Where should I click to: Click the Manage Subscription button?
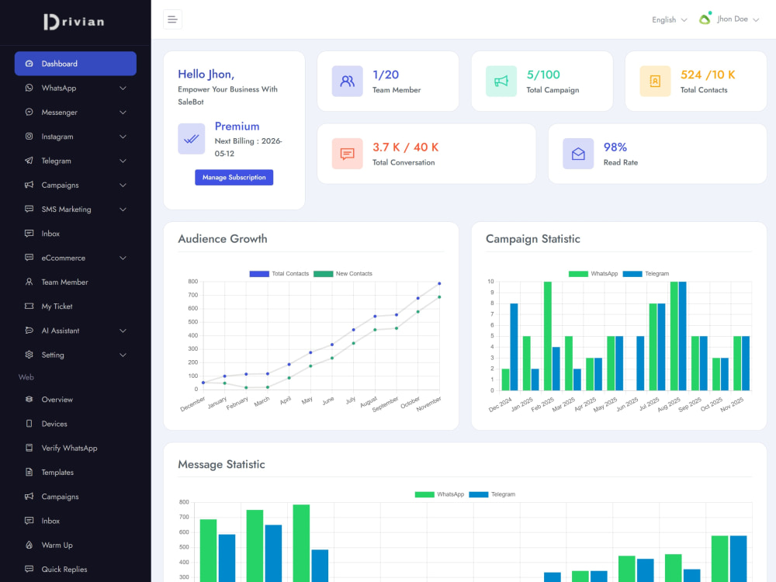[x=234, y=177]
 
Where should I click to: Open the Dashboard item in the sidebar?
[x=75, y=64]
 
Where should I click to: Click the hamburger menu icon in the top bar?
[x=172, y=19]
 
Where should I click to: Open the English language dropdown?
[x=669, y=20]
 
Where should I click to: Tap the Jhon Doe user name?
[x=733, y=19]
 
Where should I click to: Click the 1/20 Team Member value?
[x=386, y=74]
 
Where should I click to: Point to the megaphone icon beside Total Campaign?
[x=501, y=81]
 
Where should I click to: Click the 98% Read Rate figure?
[x=615, y=147]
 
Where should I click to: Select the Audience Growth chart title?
[x=223, y=238]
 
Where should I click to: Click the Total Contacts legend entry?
[x=279, y=274]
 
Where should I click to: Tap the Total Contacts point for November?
[x=439, y=283]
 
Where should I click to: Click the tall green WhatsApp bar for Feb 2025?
[x=547, y=336]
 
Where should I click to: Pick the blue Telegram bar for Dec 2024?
[x=514, y=347]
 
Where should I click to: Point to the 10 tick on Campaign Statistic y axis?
[x=490, y=282]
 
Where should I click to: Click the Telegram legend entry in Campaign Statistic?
[x=646, y=274]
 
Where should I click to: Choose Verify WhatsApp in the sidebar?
[x=69, y=448]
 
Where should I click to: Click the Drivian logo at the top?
[x=74, y=22]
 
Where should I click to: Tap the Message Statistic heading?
[x=221, y=464]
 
